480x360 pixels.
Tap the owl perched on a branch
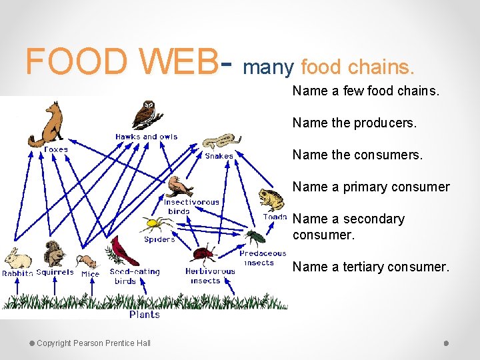145,114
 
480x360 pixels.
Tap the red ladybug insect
203,253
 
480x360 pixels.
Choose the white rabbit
17,258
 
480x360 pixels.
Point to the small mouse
85,261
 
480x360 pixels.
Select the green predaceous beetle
255,237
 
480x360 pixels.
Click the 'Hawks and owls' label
146,137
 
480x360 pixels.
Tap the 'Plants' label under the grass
145,314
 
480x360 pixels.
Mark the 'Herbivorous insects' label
210,276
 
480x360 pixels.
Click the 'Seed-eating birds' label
135,276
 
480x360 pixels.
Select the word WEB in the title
178,61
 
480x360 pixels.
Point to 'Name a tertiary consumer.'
371,267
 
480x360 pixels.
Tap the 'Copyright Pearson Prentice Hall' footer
93,343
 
